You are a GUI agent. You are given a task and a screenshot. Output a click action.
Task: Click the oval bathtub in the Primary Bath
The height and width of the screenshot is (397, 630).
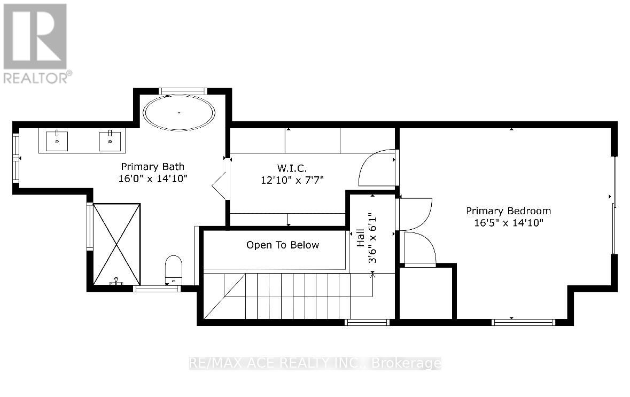[179, 113]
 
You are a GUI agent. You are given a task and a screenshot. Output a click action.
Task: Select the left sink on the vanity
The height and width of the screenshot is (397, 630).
[57, 142]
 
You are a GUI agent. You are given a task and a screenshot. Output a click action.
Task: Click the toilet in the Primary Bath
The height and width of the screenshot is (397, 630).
[174, 269]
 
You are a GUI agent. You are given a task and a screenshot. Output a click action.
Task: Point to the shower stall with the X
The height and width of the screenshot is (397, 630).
[116, 244]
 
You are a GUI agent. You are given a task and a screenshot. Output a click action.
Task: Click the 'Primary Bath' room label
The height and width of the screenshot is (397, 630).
[152, 166]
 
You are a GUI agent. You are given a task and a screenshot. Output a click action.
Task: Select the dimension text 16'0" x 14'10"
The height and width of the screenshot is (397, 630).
[152, 178]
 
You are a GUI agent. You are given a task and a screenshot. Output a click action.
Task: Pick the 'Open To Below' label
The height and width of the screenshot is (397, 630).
[282, 245]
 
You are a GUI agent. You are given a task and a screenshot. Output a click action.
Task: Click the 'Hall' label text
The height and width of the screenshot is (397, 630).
[361, 238]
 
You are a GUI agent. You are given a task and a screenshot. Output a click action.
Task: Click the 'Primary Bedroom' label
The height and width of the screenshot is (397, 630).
[508, 211]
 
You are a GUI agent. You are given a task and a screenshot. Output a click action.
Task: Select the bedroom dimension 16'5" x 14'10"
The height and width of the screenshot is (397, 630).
[508, 223]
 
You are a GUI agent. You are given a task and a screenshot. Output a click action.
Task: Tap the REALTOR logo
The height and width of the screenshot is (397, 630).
[36, 43]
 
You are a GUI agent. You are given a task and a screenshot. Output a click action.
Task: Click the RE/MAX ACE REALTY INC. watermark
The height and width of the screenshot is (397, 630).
[315, 364]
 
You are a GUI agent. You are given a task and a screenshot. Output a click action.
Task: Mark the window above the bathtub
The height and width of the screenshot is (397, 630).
[183, 91]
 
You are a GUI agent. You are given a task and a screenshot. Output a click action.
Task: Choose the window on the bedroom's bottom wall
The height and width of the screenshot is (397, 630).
[523, 322]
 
